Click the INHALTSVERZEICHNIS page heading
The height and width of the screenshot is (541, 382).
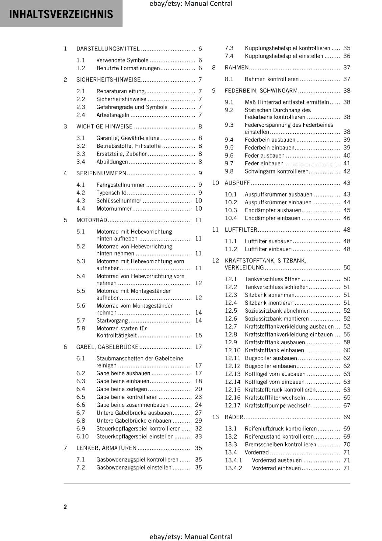[x=61, y=14]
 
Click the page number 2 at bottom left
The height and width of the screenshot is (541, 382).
[x=65, y=507]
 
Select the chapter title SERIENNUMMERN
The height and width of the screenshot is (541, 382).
[x=101, y=173]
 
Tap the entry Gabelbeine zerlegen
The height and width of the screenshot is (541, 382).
[x=122, y=389]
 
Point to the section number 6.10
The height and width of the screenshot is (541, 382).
[x=82, y=437]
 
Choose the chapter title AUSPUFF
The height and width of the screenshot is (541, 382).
[x=237, y=183]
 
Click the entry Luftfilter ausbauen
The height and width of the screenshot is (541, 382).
[x=268, y=241]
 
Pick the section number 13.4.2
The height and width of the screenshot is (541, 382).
[x=234, y=468]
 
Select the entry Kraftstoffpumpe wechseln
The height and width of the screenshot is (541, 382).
[x=278, y=405]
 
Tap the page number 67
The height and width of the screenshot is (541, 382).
[x=347, y=405]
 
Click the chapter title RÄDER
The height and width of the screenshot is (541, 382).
[x=234, y=417]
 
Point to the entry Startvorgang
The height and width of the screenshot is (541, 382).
[x=112, y=321]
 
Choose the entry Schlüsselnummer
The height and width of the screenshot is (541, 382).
[x=119, y=201]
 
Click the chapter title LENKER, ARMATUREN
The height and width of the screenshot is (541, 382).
[x=106, y=448]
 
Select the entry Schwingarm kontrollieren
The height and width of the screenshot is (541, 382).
[x=277, y=171]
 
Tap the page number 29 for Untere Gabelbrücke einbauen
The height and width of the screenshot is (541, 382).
[x=198, y=421]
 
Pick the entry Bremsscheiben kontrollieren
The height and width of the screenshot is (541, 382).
[x=280, y=445]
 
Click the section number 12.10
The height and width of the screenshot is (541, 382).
[x=233, y=350]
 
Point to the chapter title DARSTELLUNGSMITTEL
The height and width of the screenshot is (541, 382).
[x=108, y=49]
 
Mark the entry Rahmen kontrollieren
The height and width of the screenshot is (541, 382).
[x=271, y=79]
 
